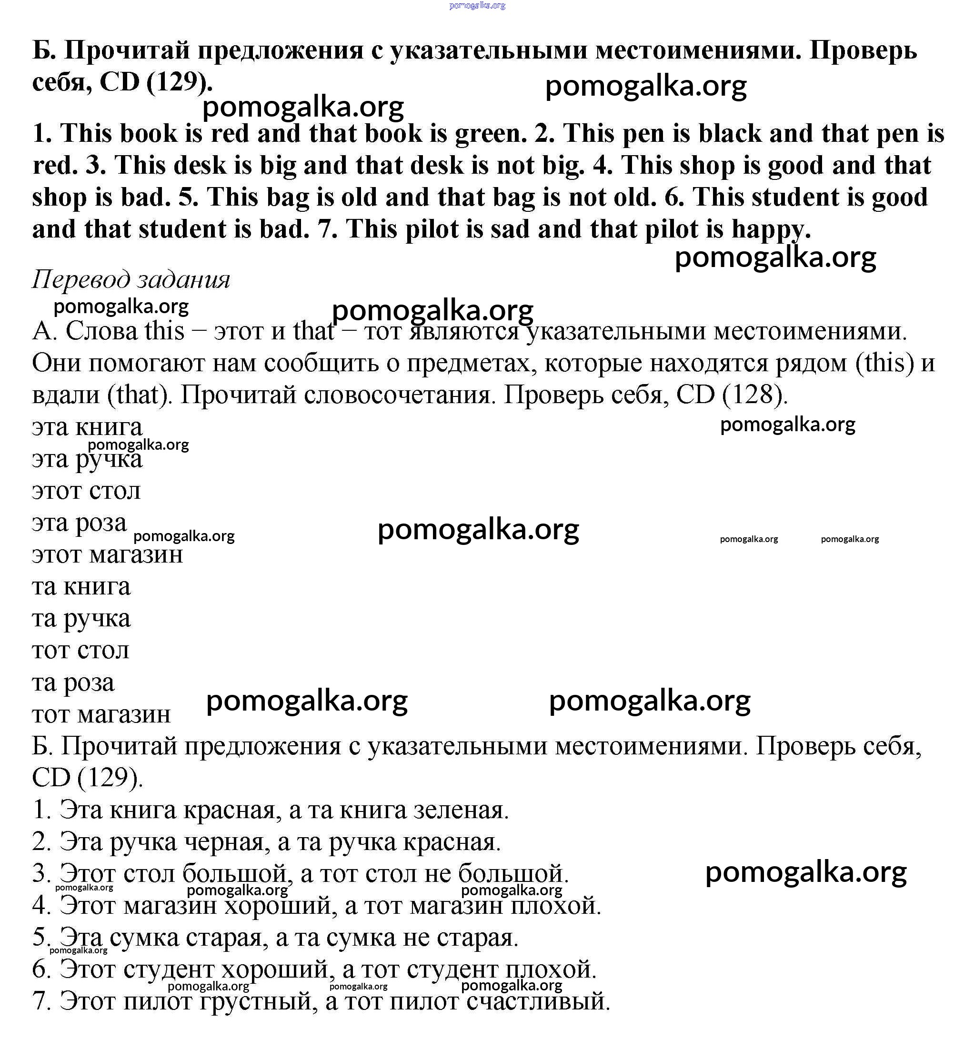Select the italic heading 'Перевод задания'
tap(131, 280)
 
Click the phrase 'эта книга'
tap(87, 427)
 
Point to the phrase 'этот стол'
tap(86, 491)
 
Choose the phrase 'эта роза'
tap(79, 523)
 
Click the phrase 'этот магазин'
tap(107, 554)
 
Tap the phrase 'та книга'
tap(81, 587)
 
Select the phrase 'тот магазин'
tap(101, 714)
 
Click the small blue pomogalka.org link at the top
tap(477, 6)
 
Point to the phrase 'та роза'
tap(73, 682)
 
